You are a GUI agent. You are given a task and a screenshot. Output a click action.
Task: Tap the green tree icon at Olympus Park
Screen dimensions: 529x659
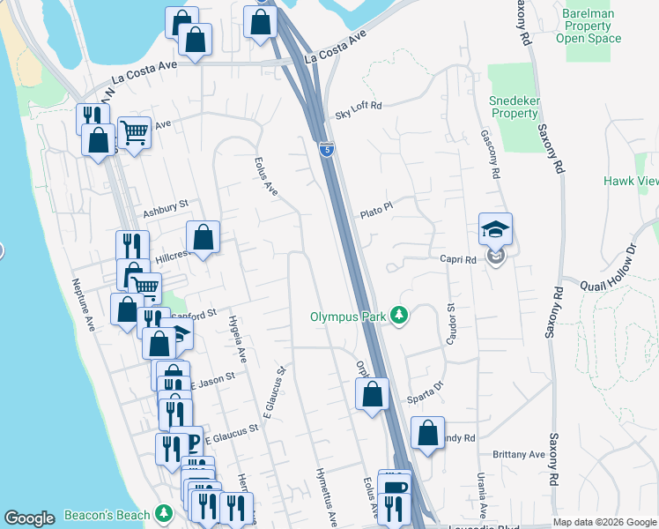399,315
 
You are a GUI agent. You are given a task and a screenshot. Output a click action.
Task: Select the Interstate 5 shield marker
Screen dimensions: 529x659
326,150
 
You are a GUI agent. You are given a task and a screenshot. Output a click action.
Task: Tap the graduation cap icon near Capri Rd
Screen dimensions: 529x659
495,230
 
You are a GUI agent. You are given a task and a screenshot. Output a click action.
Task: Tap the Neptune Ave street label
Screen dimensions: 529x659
83,306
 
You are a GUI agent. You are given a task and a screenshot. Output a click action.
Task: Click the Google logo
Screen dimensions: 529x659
29,518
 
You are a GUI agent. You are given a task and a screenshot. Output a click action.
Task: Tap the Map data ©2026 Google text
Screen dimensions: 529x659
604,522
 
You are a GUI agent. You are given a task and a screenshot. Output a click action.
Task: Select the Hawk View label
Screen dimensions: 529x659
631,181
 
